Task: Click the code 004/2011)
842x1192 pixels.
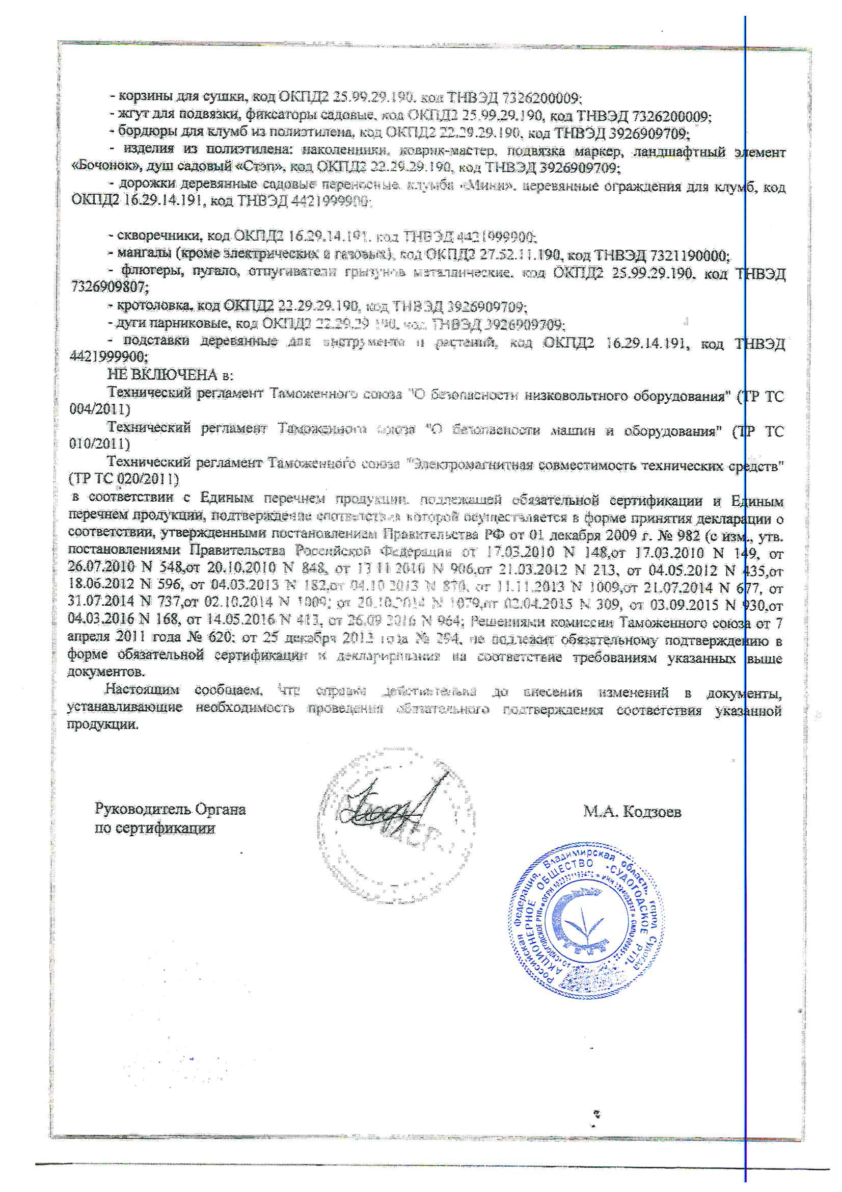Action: coord(100,409)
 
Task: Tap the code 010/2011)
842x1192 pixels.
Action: coord(99,444)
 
